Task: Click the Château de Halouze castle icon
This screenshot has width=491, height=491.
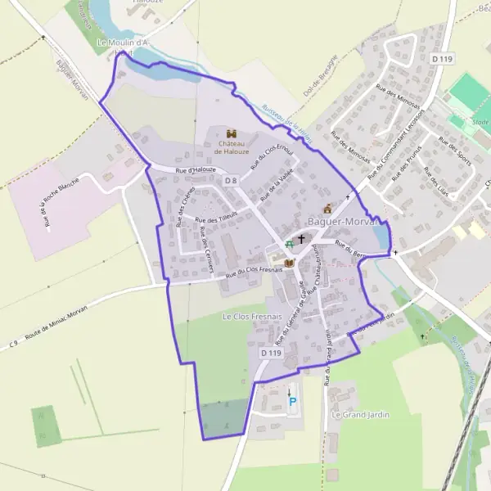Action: tap(230, 133)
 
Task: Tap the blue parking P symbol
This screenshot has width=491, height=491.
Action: tap(292, 401)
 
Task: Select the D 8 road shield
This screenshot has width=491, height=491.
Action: tap(231, 180)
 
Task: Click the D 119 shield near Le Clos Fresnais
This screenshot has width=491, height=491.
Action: tap(271, 353)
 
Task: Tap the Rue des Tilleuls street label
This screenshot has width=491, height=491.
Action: tap(216, 217)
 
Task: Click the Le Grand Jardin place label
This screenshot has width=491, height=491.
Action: tap(360, 415)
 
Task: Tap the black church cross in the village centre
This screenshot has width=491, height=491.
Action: tap(301, 240)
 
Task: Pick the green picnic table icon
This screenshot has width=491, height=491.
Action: tap(289, 245)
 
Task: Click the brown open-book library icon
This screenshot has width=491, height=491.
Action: tap(288, 263)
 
